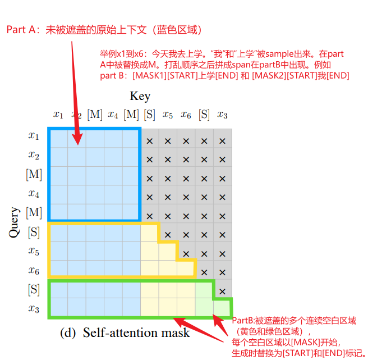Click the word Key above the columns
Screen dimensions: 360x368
click(x=140, y=96)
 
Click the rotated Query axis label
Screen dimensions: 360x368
click(x=15, y=222)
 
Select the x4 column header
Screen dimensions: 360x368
click(x=113, y=115)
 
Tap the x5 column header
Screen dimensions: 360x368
click(x=168, y=115)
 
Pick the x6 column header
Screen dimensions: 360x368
click(x=186, y=115)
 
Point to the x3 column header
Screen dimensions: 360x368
click(x=222, y=115)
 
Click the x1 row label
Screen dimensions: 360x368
click(x=34, y=135)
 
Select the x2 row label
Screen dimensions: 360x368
click(x=34, y=154)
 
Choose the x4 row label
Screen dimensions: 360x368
click(x=34, y=193)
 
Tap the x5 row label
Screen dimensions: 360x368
click(x=34, y=251)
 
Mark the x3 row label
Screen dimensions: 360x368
click(x=34, y=308)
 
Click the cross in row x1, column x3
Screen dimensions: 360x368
click(x=222, y=141)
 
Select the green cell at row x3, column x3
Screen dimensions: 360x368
click(x=222, y=308)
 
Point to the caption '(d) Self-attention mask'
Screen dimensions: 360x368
click(x=125, y=332)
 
